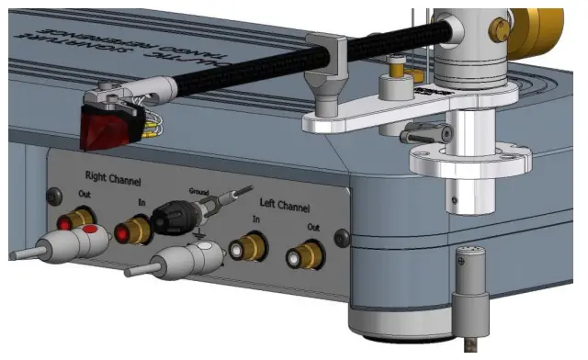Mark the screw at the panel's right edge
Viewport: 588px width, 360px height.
pyautogui.click(x=342, y=238)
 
